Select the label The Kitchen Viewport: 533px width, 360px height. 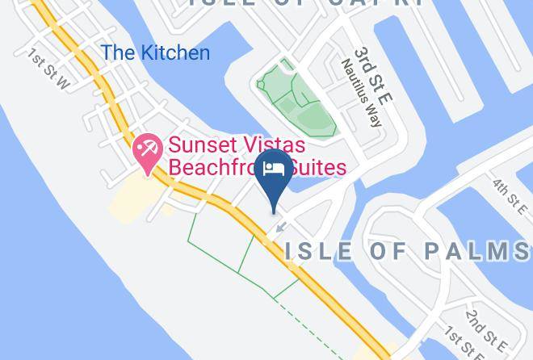point(155,53)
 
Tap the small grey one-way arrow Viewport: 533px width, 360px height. point(279,228)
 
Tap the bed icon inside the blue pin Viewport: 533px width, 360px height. point(275,167)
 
